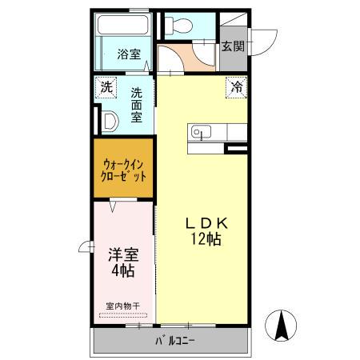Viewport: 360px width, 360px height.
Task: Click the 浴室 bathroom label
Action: click(x=129, y=55)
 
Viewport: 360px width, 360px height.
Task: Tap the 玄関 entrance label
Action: click(x=233, y=46)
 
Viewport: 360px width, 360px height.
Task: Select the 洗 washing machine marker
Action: click(x=106, y=86)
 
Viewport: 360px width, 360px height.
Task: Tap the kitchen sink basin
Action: click(x=199, y=132)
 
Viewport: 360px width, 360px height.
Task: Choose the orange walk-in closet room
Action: click(x=124, y=170)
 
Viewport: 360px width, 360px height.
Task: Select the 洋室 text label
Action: click(x=124, y=257)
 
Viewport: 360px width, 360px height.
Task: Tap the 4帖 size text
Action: click(x=123, y=273)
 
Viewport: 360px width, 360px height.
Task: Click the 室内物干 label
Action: click(x=123, y=305)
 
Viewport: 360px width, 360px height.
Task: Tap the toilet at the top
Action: click(x=178, y=26)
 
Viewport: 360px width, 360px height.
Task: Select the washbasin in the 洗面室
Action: click(x=110, y=121)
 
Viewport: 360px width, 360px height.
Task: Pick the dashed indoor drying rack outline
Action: click(x=123, y=315)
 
